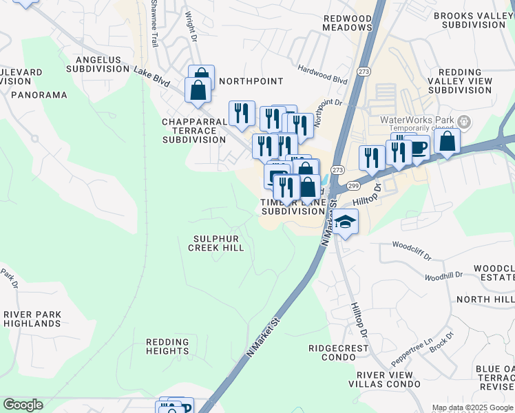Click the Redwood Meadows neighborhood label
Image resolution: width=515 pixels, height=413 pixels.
click(x=348, y=22)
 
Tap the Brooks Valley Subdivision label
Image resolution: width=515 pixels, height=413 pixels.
click(x=473, y=19)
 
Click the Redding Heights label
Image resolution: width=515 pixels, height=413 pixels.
click(x=167, y=346)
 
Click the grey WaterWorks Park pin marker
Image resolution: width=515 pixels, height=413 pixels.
click(x=465, y=123)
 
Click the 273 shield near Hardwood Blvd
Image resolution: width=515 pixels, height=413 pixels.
click(x=364, y=72)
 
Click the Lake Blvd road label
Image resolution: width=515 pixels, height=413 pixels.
click(x=151, y=76)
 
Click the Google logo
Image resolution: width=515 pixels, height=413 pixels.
click(x=23, y=405)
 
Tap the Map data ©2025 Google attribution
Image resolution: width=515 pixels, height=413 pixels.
click(x=472, y=407)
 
